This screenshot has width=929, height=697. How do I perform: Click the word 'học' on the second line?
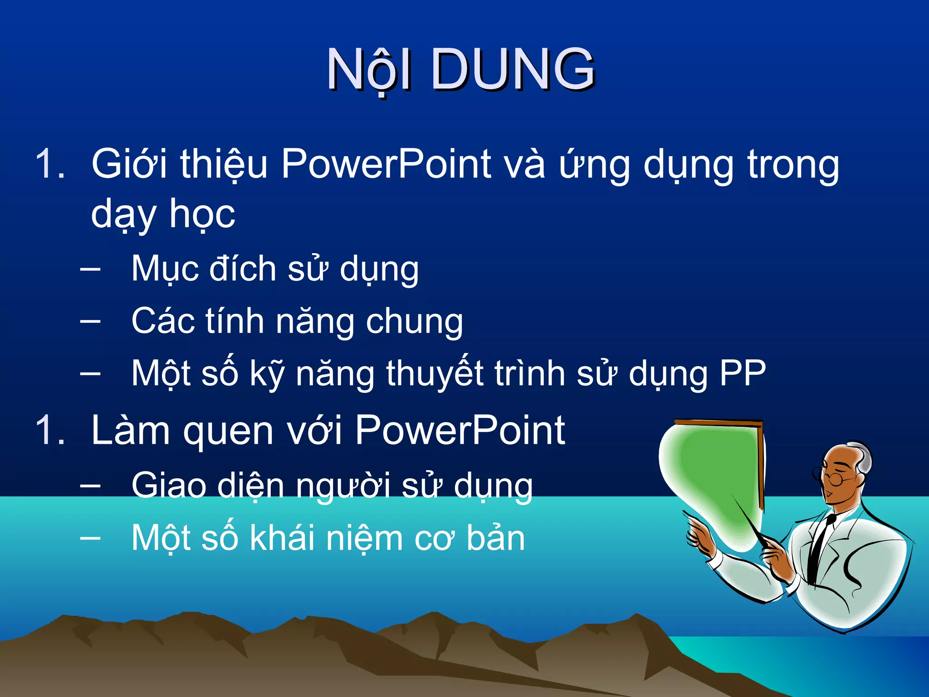202,214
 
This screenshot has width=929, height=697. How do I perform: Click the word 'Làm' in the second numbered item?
130,430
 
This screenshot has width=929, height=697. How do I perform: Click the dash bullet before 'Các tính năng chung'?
90,321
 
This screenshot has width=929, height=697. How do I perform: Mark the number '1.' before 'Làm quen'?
50,430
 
